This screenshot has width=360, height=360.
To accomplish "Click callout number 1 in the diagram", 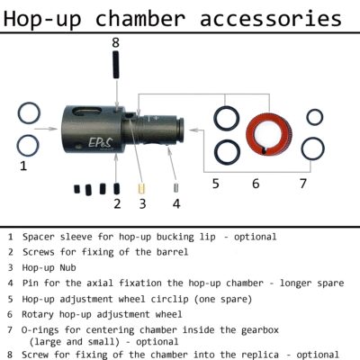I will (23, 166).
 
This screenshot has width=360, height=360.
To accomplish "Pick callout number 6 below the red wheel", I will (256, 183).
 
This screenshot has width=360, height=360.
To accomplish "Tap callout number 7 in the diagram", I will (303, 183).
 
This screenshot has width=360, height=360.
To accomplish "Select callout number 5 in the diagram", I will (216, 183).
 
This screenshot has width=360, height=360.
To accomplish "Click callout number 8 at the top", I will (115, 42).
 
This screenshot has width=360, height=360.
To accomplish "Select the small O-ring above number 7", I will (314, 116).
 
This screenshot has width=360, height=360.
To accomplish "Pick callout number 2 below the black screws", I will (117, 202).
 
